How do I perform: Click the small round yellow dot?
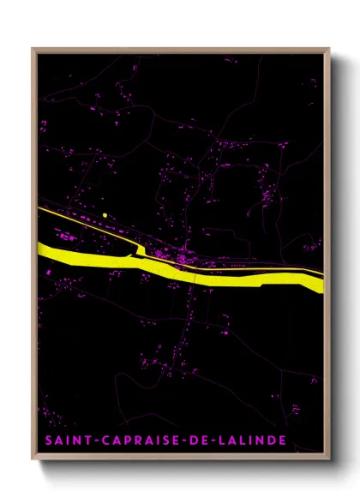click(x=104, y=215)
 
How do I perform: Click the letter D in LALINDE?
click(x=269, y=441)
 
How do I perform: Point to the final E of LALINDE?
click(x=283, y=441)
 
